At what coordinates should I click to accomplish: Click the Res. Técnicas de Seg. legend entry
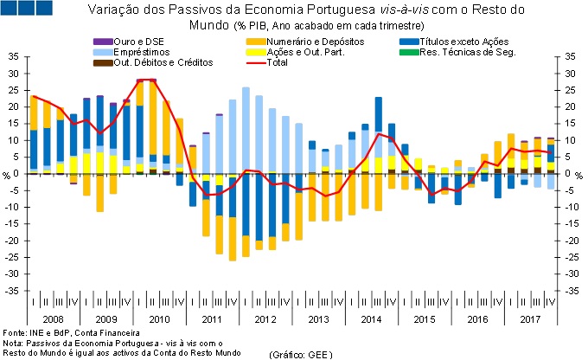pyautogui.click(x=466, y=52)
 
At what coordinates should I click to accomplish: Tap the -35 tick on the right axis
pyautogui.click(x=571, y=291)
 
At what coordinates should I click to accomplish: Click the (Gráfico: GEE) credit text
pyautogui.click(x=300, y=355)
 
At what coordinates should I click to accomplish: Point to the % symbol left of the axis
pyautogui.click(x=5, y=175)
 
